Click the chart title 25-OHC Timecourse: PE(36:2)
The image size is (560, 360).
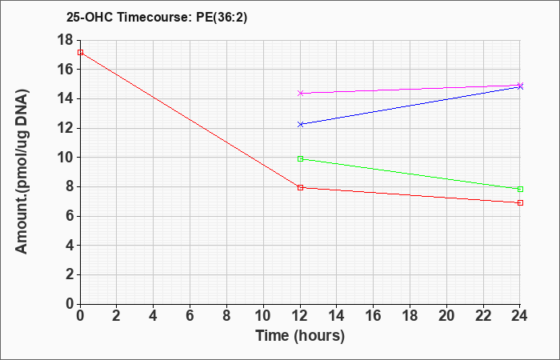[x=157, y=17]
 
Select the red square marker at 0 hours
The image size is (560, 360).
[x=80, y=53]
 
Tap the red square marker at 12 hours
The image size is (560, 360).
[x=300, y=187]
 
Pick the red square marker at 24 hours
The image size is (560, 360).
[x=520, y=203]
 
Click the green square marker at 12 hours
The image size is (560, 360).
[x=300, y=159]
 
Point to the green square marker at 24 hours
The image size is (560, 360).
[x=520, y=190]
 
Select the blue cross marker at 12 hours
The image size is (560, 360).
[x=300, y=124]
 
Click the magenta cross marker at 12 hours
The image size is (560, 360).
[x=300, y=94]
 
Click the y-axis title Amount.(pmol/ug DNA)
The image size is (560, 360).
[x=22, y=172]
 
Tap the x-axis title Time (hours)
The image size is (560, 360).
[x=300, y=336]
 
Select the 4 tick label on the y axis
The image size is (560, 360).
[x=70, y=246]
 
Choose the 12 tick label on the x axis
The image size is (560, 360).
[x=300, y=316]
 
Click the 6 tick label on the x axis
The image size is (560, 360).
[x=190, y=316]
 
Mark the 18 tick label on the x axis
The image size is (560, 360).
[x=410, y=316]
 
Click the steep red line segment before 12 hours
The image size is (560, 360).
[x=190, y=120]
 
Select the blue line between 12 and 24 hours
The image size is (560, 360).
[x=410, y=106]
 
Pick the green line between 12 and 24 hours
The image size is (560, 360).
[x=410, y=174]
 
